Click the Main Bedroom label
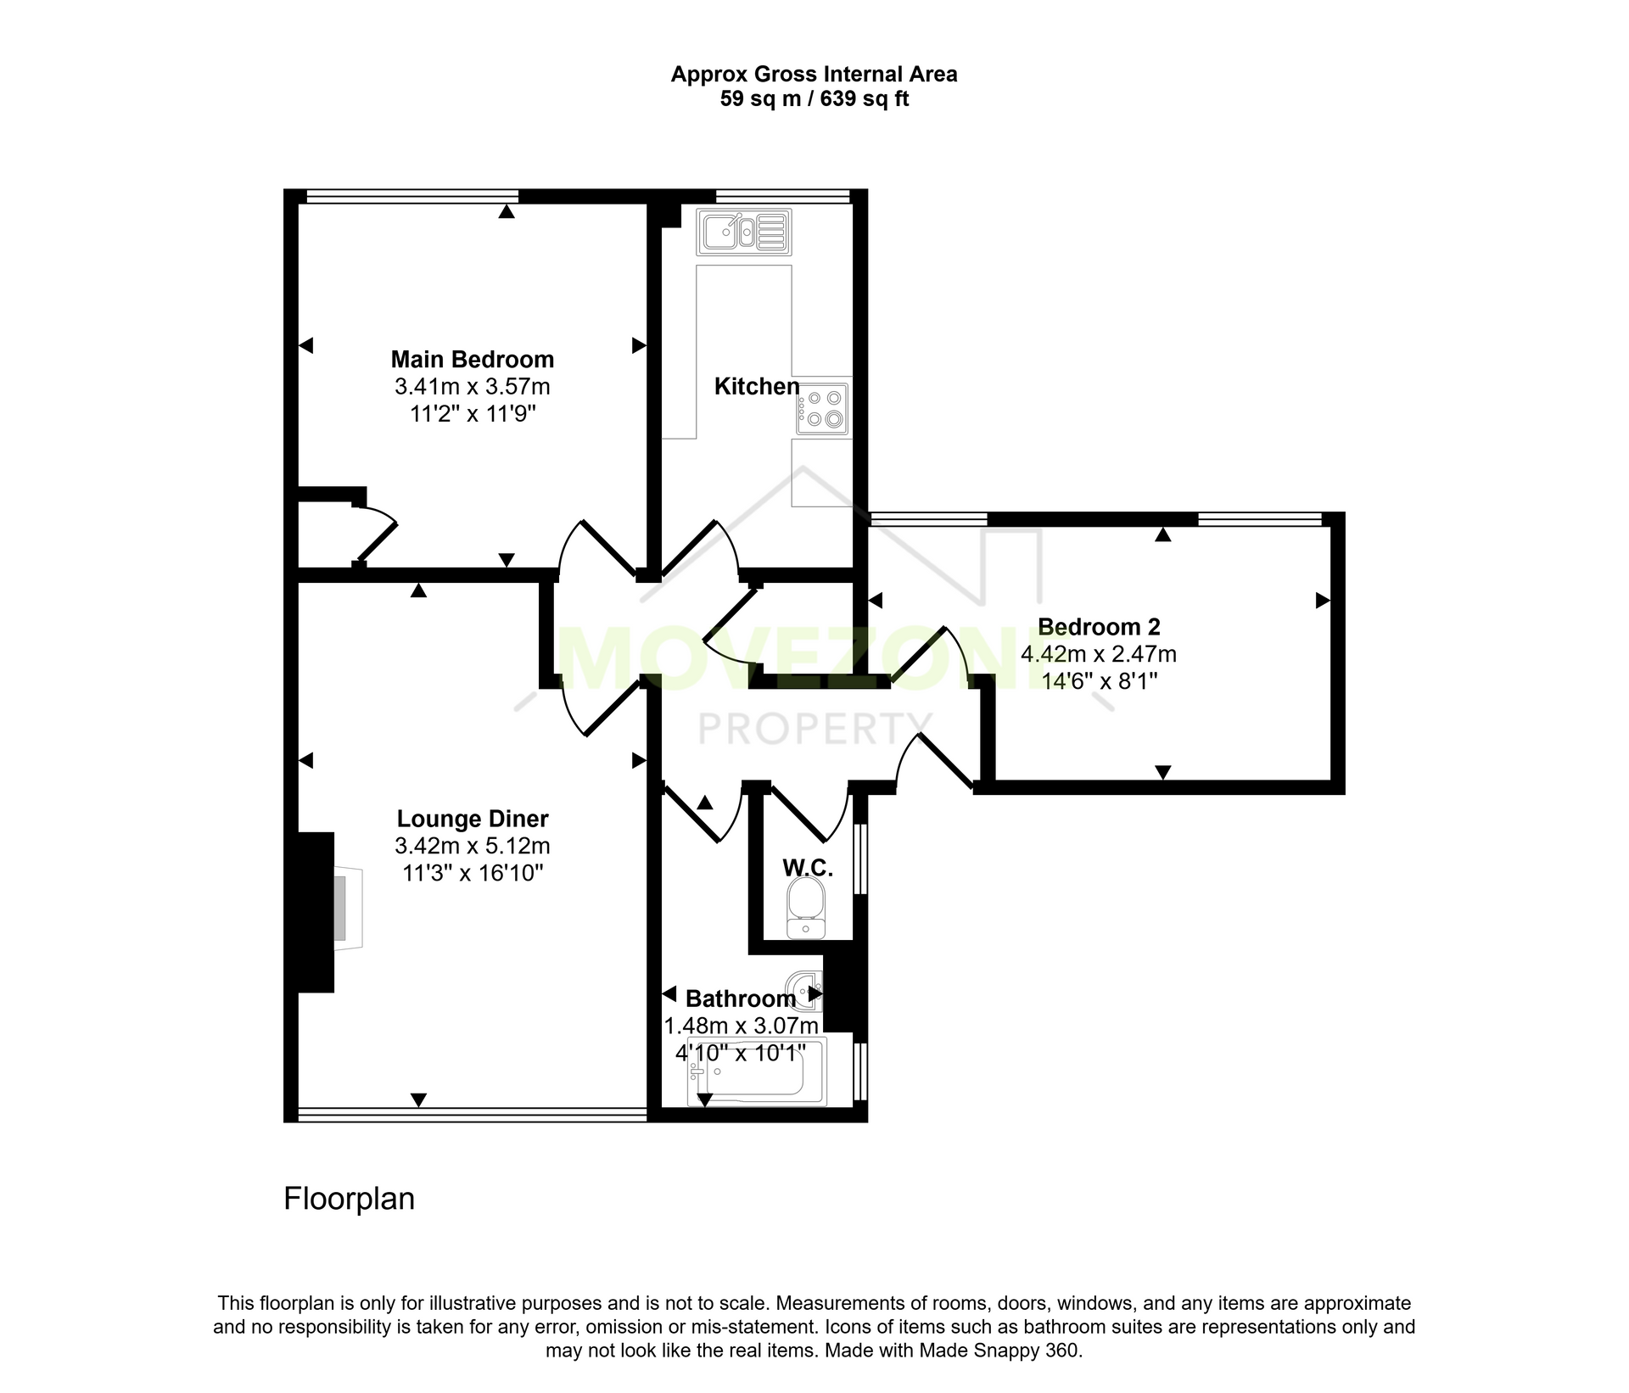pos(473,360)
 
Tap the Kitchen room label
pos(757,387)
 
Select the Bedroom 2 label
pos(1099,627)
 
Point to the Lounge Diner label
pos(473,819)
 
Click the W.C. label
pos(808,867)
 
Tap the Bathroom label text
pos(741,999)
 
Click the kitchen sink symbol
pos(744,232)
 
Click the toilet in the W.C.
pos(805,908)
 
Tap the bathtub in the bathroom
pos(756,1071)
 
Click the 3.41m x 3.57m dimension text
pos(473,387)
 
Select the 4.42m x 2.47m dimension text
pos(1099,654)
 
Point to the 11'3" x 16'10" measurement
pos(473,873)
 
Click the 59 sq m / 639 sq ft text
pos(814,99)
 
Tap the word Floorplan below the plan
pos(349,1199)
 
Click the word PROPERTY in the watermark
pos(814,728)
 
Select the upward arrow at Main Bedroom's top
pos(507,211)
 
